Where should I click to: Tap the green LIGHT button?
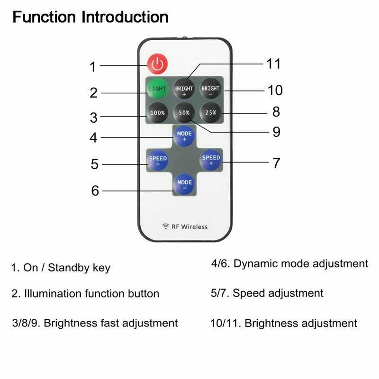156,89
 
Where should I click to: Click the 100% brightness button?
157,113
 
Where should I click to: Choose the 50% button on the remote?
184,113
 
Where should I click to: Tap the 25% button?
210,113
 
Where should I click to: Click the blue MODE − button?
184,184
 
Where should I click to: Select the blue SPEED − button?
157,160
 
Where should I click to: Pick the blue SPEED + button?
211,160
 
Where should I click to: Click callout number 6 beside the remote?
95,190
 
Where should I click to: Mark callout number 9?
277,132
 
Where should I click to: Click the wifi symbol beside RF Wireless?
165,226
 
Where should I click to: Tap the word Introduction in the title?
125,18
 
